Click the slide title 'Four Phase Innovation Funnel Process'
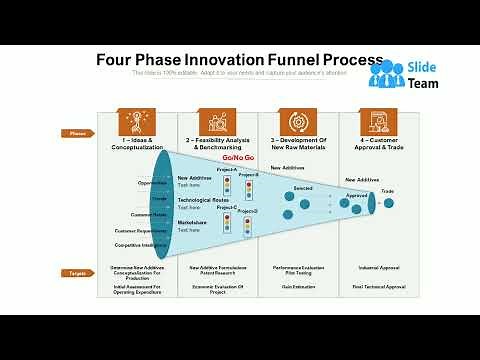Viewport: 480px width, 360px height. pyautogui.click(x=239, y=60)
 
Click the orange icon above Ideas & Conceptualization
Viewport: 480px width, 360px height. pyautogui.click(x=135, y=120)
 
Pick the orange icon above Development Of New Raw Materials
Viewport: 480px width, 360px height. pyautogui.click(x=296, y=120)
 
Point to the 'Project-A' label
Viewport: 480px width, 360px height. pyautogui.click(x=228, y=170)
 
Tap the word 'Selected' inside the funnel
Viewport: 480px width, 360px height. pyautogui.click(x=303, y=187)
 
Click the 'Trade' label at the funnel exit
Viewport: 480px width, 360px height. pyautogui.click(x=387, y=190)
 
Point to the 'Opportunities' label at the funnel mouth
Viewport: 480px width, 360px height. pyautogui.click(x=152, y=182)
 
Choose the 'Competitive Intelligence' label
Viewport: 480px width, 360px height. pyautogui.click(x=141, y=244)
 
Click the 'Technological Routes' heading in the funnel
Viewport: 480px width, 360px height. pyautogui.click(x=201, y=200)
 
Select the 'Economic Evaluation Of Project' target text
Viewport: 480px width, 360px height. pyautogui.click(x=211, y=289)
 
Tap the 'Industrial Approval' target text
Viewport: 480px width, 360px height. pyautogui.click(x=381, y=268)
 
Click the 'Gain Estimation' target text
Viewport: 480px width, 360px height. pyautogui.click(x=297, y=287)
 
